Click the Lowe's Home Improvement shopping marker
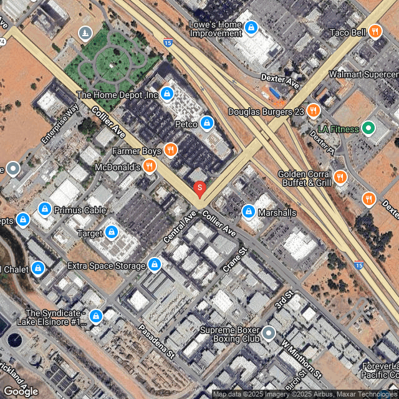251,28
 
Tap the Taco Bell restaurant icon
375,31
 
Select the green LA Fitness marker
368,129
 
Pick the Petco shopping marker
207,123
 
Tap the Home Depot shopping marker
166,95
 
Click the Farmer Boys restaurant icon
170,150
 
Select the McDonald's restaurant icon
149,166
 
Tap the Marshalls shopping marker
248,212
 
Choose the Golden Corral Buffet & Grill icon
340,177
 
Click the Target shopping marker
112,233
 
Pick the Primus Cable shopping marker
44,209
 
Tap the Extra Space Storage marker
154,265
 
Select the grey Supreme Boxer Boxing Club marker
268,333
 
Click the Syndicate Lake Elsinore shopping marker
95,317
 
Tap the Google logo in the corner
21,391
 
